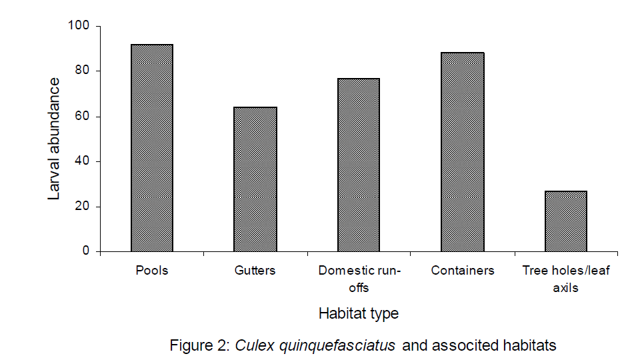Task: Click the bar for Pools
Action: point(152,148)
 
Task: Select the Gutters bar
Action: point(255,179)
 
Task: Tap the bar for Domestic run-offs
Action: point(359,165)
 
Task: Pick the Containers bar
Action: point(463,152)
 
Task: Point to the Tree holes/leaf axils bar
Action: point(566,221)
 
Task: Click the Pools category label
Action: point(152,271)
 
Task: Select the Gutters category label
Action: point(255,271)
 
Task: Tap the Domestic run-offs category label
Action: point(359,279)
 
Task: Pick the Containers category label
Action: point(463,271)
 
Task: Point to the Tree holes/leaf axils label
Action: point(566,279)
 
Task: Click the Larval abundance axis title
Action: point(55,139)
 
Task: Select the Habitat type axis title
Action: point(359,313)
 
